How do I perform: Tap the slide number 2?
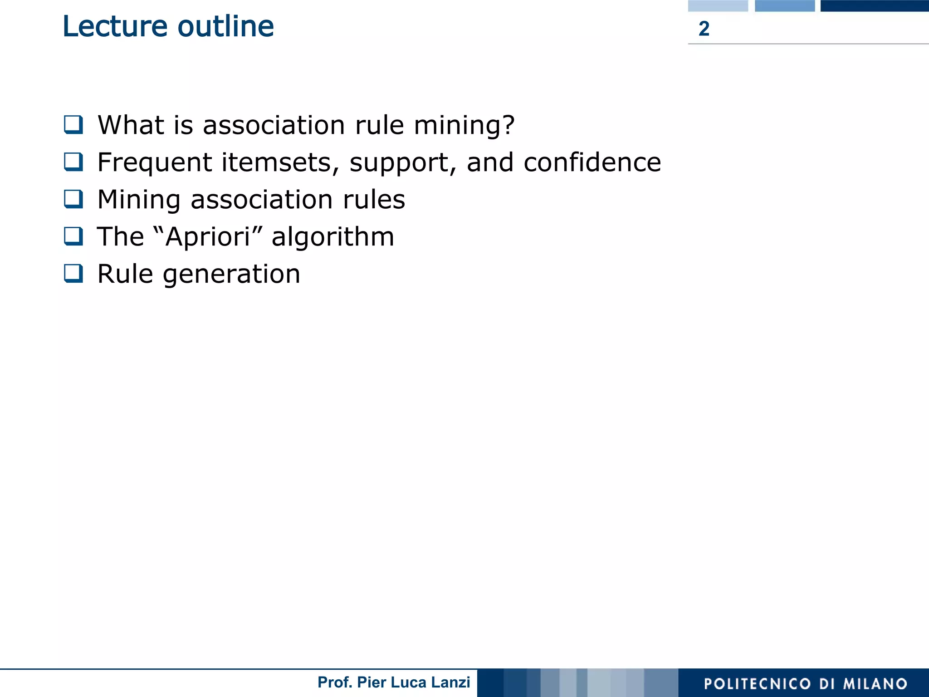click(x=704, y=29)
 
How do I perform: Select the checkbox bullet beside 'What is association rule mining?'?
click(x=73, y=125)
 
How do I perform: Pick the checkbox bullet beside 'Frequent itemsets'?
click(x=73, y=162)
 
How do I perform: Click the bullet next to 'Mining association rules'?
click(x=73, y=199)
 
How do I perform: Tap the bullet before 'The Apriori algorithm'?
click(x=73, y=236)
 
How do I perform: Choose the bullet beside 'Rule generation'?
click(x=73, y=274)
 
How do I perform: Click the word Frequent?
click(x=155, y=162)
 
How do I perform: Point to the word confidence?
click(x=592, y=162)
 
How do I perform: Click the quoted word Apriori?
click(x=208, y=237)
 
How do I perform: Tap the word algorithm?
click(x=332, y=237)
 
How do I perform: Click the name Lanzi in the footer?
click(x=450, y=682)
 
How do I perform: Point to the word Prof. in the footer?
click(x=335, y=682)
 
